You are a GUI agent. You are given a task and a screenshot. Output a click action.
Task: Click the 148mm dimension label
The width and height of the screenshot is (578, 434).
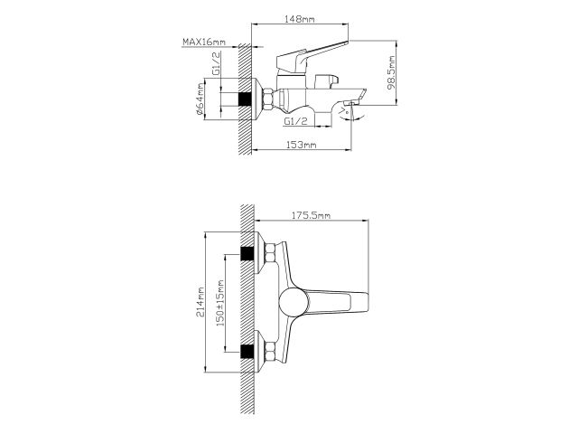[x=300, y=19]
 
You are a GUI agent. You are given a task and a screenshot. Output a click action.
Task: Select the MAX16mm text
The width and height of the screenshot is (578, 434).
[x=204, y=42]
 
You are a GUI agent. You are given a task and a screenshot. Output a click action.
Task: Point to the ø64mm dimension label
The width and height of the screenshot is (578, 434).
[x=200, y=99]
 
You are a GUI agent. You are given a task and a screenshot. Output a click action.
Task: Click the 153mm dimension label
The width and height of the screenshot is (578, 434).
[x=301, y=145]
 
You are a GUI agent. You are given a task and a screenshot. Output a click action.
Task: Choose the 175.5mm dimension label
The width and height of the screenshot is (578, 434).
[x=311, y=215]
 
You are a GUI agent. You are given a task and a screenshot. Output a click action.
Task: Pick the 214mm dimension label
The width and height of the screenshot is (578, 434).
[x=200, y=302]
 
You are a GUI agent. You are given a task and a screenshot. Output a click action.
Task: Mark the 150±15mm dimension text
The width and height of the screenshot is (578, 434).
[x=220, y=303]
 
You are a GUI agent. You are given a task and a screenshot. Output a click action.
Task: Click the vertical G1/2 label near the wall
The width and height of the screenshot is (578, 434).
[x=216, y=63]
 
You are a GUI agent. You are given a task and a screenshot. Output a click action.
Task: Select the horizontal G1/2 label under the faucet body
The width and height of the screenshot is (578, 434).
[x=295, y=120]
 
